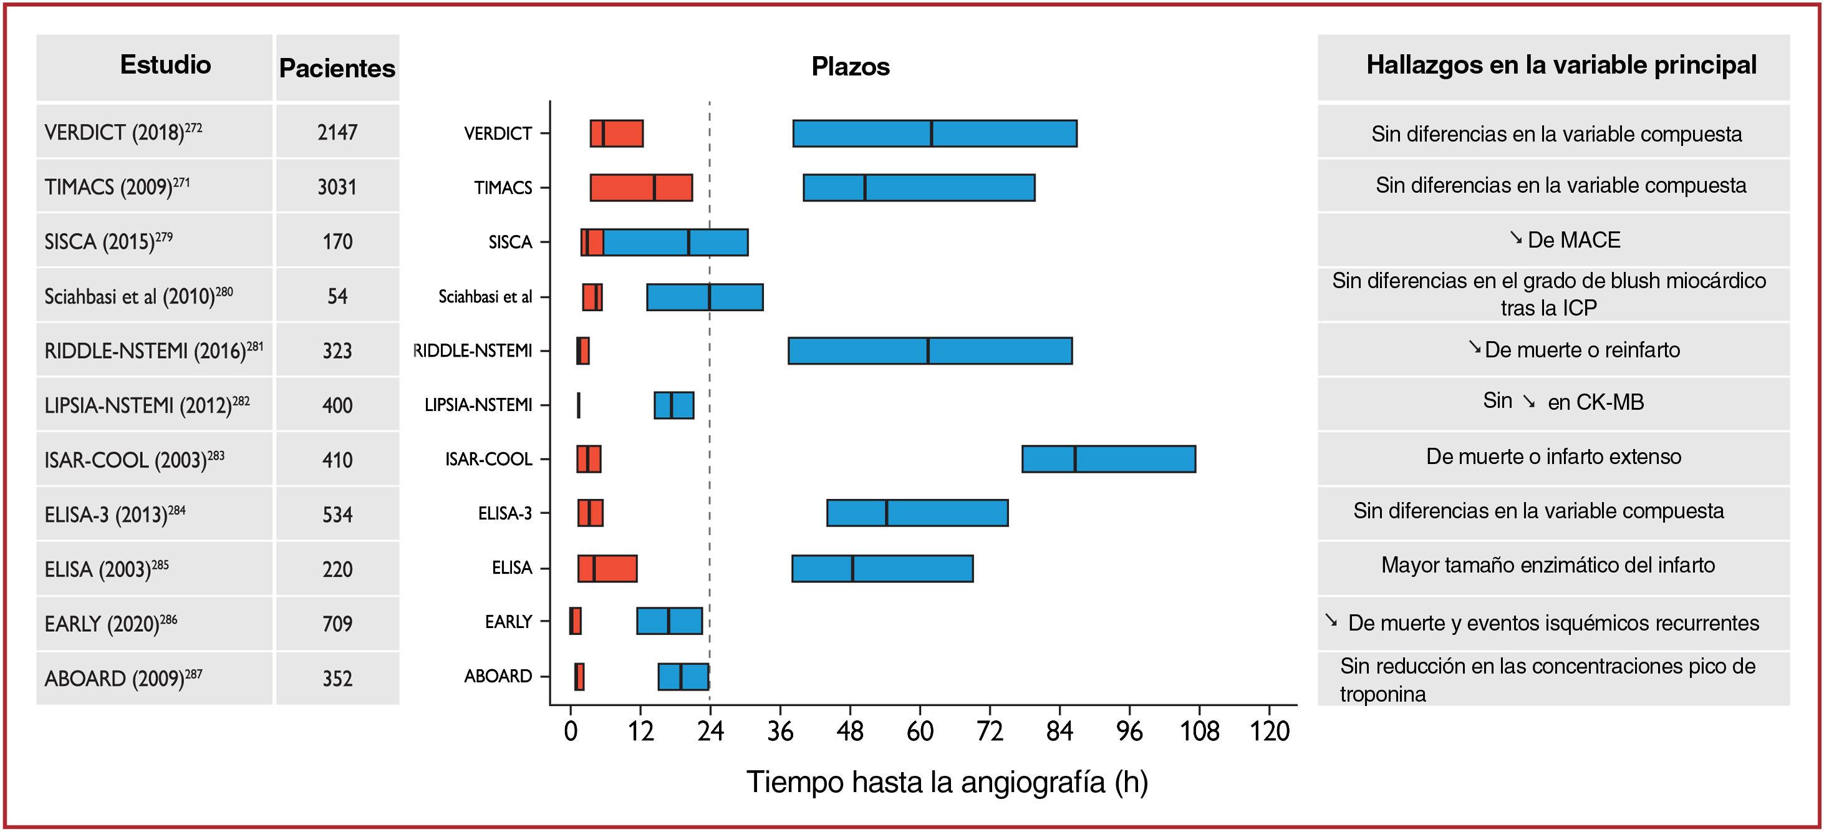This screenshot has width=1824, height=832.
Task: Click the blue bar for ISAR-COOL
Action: click(1108, 459)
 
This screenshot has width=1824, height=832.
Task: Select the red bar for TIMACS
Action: click(641, 188)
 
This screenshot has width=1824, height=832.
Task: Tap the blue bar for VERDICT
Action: click(934, 133)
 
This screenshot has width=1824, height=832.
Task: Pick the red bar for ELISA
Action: click(607, 568)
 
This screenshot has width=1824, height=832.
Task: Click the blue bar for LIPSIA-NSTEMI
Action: click(673, 405)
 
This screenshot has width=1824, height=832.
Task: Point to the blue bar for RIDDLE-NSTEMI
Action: click(930, 351)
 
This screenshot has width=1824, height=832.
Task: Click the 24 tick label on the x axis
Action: click(710, 732)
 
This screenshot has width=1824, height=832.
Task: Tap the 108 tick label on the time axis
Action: click(1199, 732)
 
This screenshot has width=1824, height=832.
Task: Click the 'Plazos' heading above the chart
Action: click(851, 67)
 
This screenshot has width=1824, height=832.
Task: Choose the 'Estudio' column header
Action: click(165, 65)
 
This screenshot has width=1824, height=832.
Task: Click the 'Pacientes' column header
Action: click(337, 68)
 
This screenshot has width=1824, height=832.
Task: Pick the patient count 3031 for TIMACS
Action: click(337, 187)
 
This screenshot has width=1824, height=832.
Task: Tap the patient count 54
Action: click(337, 296)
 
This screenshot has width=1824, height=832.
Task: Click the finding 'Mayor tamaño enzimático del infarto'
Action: click(1548, 565)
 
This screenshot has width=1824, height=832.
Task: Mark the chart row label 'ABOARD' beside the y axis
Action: click(498, 676)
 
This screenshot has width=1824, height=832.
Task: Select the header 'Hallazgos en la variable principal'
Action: click(1561, 65)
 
